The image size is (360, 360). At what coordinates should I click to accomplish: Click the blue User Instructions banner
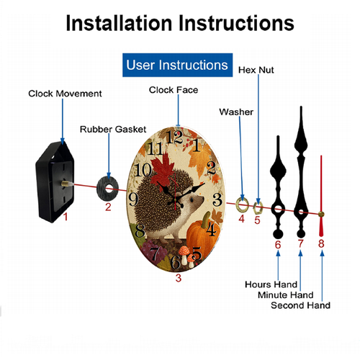177,65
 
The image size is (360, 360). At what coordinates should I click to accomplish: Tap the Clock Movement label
65,94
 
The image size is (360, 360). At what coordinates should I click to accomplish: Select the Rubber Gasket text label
113,130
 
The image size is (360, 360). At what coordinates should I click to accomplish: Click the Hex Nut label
256,70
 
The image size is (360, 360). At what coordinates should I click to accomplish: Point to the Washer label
236,112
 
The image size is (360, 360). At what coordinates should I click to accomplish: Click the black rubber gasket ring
108,189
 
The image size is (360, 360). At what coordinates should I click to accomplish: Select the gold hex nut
258,207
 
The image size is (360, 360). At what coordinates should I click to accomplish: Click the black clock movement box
55,182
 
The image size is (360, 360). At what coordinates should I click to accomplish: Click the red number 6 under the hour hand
278,245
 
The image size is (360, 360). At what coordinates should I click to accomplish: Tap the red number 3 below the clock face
179,278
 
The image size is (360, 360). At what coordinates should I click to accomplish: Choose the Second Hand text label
300,305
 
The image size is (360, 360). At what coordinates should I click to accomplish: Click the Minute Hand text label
286,295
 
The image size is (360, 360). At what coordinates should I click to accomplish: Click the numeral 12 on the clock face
175,137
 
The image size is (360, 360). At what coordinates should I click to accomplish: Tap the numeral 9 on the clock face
133,199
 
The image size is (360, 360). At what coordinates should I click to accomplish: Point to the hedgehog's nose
203,198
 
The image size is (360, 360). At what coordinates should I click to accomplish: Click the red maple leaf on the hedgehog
163,171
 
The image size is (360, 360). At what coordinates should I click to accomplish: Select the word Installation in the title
119,23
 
